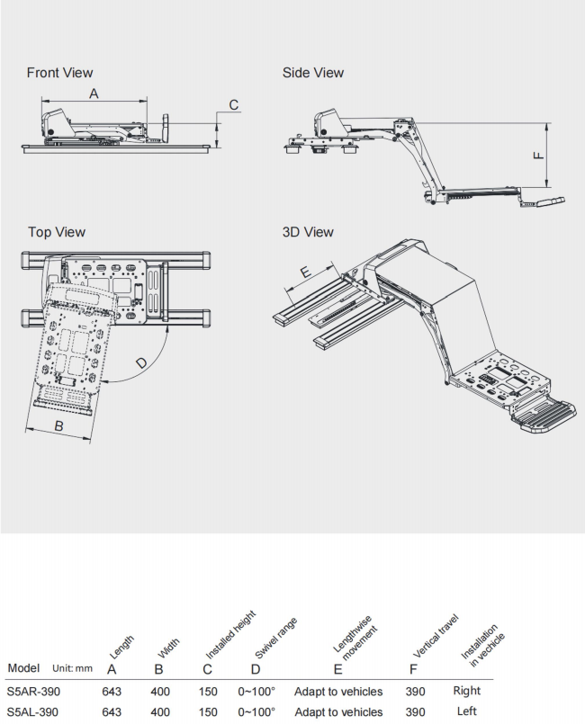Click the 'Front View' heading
pos(59,72)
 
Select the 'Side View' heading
pos(312,72)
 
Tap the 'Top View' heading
pos(57,232)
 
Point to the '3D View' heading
pos(308,232)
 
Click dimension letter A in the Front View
pos(94,93)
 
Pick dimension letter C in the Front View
pos(233,105)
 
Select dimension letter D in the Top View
pos(141,363)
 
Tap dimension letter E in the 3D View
pos(305,271)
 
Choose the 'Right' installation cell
pos(466,691)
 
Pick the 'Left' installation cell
pos(466,711)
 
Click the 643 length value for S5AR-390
pos(112,692)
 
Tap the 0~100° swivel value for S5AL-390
pos(256,712)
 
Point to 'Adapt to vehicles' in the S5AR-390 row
pos(338,692)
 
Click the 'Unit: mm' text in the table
pos(72,668)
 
